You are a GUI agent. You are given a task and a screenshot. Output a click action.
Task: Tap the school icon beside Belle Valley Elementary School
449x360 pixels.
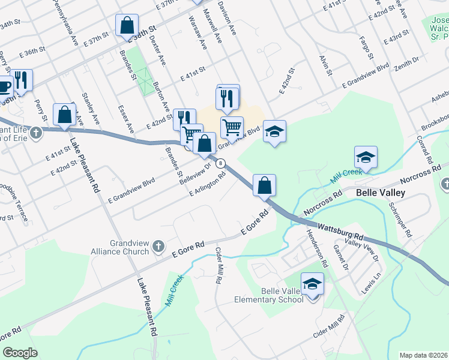(x=312, y=284)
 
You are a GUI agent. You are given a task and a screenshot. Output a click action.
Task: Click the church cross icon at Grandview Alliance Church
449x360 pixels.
(x=158, y=246)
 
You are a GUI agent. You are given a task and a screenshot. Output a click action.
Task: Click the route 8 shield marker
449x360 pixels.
(x=221, y=163)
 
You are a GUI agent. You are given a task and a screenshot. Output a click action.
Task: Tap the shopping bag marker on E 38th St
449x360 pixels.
(x=127, y=26)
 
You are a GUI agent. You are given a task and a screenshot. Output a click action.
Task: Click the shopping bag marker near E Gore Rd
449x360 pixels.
(x=264, y=185)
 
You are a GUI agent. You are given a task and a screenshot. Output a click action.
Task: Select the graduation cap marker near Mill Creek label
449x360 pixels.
(x=366, y=157)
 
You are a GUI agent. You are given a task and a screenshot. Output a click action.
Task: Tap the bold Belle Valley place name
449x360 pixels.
(x=381, y=193)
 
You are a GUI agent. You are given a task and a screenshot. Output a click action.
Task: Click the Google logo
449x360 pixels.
(x=20, y=353)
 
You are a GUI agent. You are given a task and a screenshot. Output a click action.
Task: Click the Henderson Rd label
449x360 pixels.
(x=317, y=248)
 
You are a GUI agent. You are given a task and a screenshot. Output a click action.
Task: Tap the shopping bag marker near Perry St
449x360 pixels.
(x=64, y=114)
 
